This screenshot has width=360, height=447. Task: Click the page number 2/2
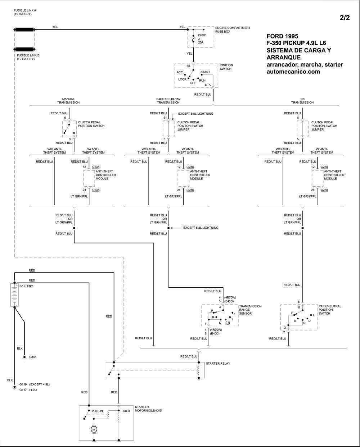345,18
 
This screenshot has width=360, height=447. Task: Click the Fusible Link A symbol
24,30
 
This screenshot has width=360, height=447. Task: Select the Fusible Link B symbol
24,49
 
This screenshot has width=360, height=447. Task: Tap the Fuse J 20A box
201,37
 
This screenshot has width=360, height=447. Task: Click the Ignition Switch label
226,67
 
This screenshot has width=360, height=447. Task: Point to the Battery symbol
14,295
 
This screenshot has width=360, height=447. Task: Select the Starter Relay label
218,364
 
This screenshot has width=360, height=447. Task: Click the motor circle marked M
94,429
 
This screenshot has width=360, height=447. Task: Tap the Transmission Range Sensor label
250,310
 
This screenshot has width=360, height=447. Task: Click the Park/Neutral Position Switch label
330,310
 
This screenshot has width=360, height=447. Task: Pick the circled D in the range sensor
228,323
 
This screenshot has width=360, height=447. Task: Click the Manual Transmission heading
68,101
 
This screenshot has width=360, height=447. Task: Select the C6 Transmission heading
302,101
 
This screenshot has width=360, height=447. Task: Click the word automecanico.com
293,72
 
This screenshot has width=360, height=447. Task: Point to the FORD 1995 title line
282,36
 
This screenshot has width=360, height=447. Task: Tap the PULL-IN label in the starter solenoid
97,411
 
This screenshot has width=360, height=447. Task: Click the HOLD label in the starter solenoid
126,411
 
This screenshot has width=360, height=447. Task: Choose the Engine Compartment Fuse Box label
232,30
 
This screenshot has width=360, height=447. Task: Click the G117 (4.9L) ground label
28,390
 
